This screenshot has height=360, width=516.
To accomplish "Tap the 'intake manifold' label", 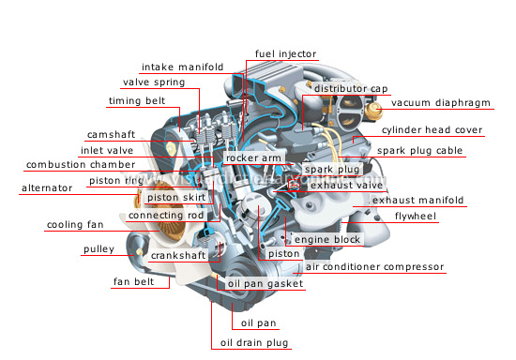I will click(x=183, y=67).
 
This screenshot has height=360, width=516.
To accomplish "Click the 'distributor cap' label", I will click(x=351, y=89).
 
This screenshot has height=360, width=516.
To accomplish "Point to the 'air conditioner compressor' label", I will click(x=375, y=267).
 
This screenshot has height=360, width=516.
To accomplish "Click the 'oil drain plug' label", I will click(x=255, y=342).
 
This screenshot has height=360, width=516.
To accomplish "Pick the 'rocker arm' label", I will click(x=253, y=158).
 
